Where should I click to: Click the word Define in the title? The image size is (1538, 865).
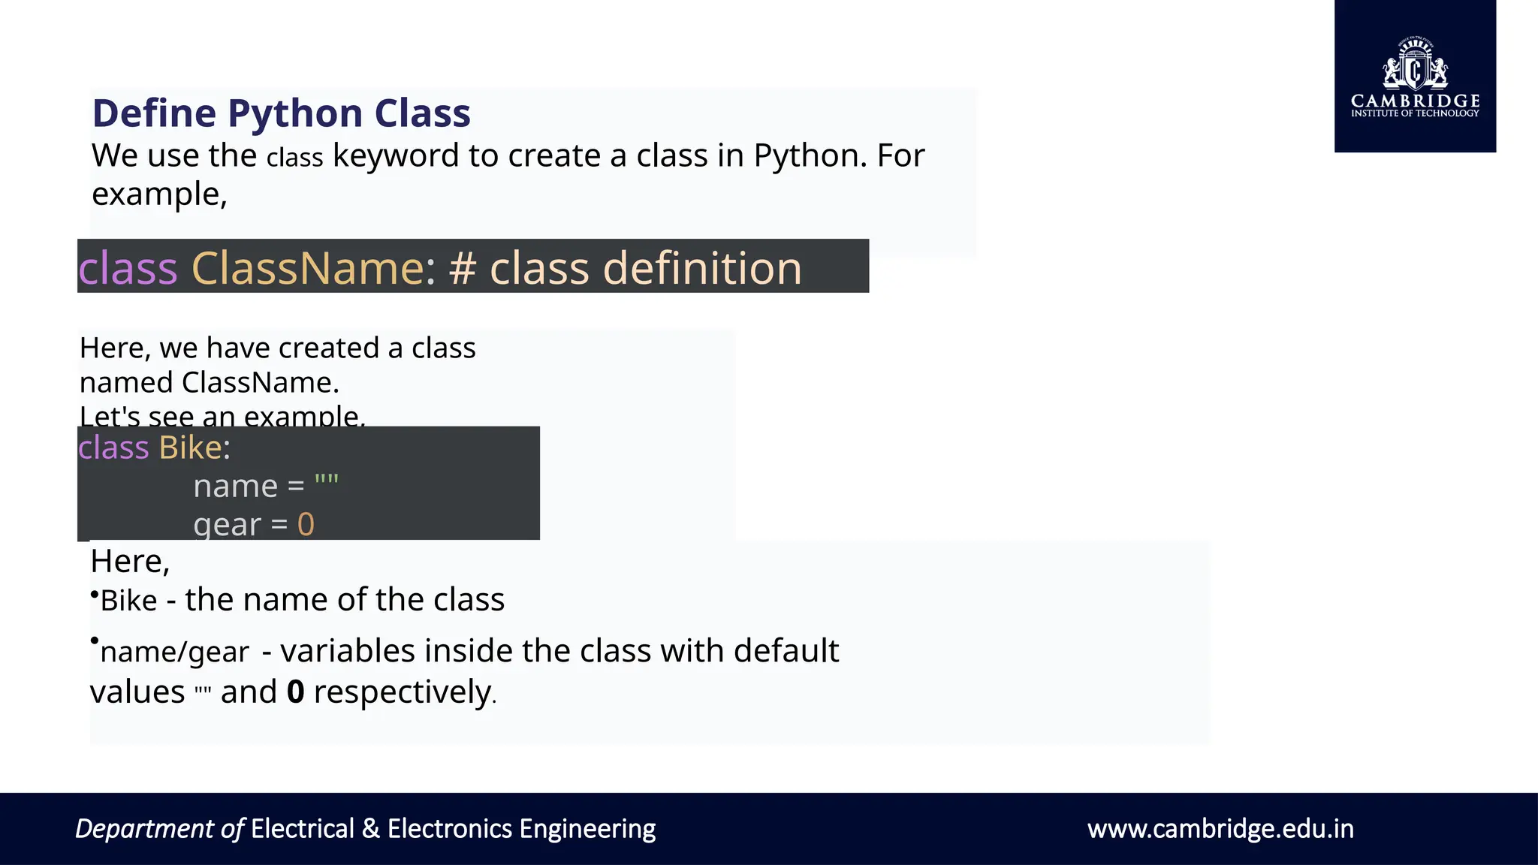click(x=154, y=114)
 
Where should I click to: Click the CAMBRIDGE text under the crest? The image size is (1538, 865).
click(x=1415, y=101)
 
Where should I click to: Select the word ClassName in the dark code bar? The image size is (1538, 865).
click(x=308, y=268)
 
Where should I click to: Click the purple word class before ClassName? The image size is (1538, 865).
click(x=128, y=268)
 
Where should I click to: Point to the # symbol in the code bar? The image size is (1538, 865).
click(x=463, y=268)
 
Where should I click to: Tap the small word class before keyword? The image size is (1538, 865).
click(x=294, y=158)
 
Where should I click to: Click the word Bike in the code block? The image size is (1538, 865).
click(x=190, y=448)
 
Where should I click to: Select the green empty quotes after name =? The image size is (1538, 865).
click(x=327, y=481)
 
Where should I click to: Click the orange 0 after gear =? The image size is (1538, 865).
click(x=306, y=524)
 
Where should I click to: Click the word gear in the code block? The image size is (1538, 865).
click(x=227, y=524)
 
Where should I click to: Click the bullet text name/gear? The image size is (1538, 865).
click(x=174, y=652)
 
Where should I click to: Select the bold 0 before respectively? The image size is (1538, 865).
click(x=296, y=692)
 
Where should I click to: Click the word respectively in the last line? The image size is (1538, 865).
click(x=402, y=692)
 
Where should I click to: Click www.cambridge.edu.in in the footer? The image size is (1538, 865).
click(x=1220, y=829)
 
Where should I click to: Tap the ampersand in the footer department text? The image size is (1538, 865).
click(x=370, y=829)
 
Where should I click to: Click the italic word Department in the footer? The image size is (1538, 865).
click(x=144, y=829)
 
